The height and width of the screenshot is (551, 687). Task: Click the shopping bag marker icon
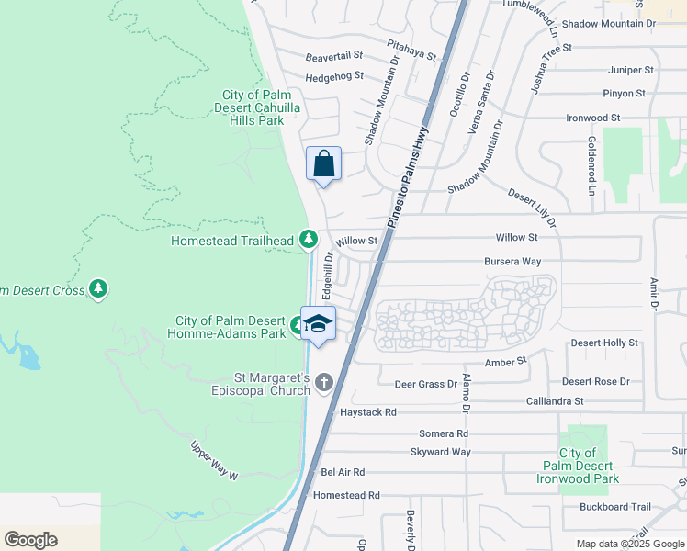click(x=323, y=164)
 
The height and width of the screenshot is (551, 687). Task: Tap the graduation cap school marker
click(x=319, y=324)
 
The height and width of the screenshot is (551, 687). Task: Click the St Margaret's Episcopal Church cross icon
click(x=323, y=383)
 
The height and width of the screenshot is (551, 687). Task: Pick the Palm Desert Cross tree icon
click(x=98, y=290)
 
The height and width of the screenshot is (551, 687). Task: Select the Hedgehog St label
click(x=334, y=77)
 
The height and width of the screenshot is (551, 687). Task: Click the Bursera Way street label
click(x=512, y=261)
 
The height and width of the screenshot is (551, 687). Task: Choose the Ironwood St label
click(x=593, y=118)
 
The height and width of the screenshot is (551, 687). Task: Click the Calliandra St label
click(x=554, y=401)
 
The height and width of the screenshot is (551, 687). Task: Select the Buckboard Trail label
click(x=614, y=507)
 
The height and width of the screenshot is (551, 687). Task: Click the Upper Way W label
click(x=214, y=461)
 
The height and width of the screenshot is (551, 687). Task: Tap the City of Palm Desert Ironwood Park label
click(x=589, y=466)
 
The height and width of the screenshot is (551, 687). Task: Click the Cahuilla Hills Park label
click(x=256, y=107)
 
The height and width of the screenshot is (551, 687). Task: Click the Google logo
click(x=30, y=540)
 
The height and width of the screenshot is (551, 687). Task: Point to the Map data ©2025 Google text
click(x=623, y=544)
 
